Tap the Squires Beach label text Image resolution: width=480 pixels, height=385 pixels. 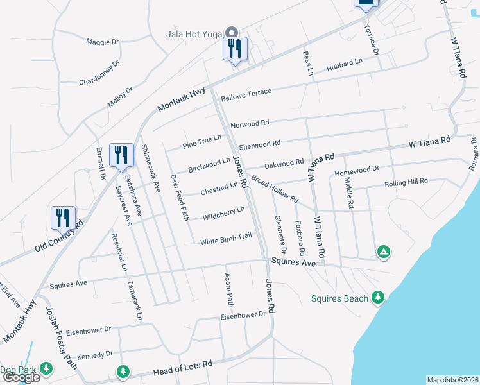339,298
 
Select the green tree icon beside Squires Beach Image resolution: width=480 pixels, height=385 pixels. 379,297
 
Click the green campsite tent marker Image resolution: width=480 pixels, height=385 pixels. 383,252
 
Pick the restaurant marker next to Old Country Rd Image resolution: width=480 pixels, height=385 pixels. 63,218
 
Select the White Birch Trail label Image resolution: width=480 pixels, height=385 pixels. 226,239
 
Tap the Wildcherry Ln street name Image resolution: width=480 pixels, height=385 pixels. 223,212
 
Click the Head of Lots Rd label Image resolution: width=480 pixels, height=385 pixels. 183,368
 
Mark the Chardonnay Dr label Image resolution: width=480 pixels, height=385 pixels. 99,73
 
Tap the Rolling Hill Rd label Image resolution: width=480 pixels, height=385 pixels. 406,183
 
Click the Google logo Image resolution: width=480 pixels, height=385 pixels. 21,377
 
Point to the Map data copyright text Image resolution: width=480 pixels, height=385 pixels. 452,380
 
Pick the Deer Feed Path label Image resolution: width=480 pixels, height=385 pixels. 179,196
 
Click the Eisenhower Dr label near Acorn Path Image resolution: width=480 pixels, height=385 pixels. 243,315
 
